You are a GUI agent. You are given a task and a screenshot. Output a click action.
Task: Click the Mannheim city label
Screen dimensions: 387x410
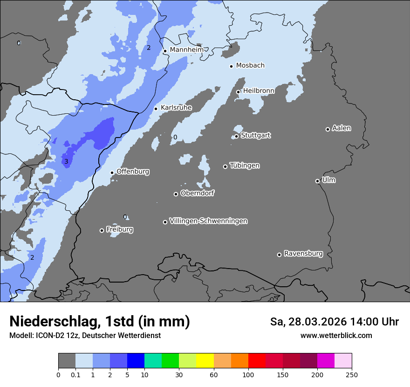pyautogui.click(x=186, y=50)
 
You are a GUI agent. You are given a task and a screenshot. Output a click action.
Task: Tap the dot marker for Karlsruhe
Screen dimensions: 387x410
pyautogui.click(x=156, y=109)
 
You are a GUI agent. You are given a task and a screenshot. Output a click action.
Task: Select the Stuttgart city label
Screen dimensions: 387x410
pyautogui.click(x=255, y=135)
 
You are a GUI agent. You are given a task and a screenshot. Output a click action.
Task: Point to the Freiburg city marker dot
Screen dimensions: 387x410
pyautogui.click(x=102, y=230)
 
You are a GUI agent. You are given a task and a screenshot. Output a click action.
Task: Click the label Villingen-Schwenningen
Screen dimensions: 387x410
pyautogui.click(x=208, y=221)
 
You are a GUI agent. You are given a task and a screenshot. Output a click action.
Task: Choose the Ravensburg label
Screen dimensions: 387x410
pyautogui.click(x=303, y=254)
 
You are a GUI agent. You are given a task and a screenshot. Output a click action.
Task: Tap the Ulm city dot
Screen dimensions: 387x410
pyautogui.click(x=317, y=181)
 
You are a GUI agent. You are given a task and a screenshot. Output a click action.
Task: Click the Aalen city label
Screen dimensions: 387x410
pyautogui.click(x=342, y=128)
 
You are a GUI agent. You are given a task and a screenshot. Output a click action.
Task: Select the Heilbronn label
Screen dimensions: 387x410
pyautogui.click(x=259, y=91)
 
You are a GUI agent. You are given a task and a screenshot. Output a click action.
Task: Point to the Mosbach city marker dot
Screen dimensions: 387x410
pyautogui.click(x=231, y=66)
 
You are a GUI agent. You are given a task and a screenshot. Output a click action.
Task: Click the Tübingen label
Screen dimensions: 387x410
pyautogui.click(x=245, y=166)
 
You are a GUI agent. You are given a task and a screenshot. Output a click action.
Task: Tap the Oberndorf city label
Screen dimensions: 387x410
pyautogui.click(x=197, y=193)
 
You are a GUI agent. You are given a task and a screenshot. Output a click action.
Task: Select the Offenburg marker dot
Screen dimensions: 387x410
pyautogui.click(x=112, y=173)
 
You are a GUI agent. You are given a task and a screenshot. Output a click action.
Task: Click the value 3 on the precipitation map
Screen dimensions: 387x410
pyautogui.click(x=66, y=162)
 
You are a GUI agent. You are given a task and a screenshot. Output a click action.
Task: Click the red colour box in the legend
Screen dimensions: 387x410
pyautogui.click(x=257, y=361)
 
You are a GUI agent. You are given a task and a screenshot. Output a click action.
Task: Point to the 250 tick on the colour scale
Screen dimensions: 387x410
pyautogui.click(x=352, y=374)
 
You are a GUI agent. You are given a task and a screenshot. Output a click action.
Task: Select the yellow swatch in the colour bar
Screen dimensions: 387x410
pyautogui.click(x=205, y=361)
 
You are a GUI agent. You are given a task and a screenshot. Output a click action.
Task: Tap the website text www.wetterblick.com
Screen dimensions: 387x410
pyautogui.click(x=336, y=335)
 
